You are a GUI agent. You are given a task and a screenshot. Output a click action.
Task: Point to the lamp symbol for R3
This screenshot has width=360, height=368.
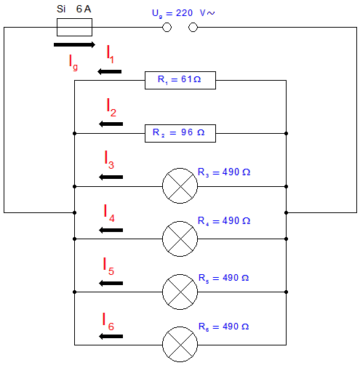(180, 185)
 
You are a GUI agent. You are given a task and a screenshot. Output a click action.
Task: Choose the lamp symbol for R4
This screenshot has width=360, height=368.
(180, 239)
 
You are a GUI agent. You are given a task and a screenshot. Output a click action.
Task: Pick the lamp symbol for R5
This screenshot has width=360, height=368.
(180, 292)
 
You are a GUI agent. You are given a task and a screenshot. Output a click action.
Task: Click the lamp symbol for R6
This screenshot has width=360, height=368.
(180, 344)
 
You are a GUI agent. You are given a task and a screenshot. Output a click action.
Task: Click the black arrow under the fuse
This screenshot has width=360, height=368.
(74, 44)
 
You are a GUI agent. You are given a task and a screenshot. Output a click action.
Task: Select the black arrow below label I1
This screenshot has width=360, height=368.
(110, 71)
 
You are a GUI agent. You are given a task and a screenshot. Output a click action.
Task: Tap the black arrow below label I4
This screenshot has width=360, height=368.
(111, 230)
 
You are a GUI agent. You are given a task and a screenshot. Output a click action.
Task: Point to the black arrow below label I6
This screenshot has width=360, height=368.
(111, 336)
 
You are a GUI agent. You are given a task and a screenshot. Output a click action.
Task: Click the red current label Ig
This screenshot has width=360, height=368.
(73, 63)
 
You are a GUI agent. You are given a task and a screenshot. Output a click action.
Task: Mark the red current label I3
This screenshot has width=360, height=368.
(109, 159)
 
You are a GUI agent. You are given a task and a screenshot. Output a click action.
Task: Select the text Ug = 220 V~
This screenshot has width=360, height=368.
(183, 13)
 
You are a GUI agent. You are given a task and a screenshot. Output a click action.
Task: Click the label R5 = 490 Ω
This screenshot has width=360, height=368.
(223, 278)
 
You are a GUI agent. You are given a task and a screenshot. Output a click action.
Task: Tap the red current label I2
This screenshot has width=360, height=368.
(111, 108)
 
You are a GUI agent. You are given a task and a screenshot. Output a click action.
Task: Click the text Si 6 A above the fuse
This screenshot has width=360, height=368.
(74, 9)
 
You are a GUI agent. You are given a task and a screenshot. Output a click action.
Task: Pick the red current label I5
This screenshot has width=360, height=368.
(108, 266)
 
